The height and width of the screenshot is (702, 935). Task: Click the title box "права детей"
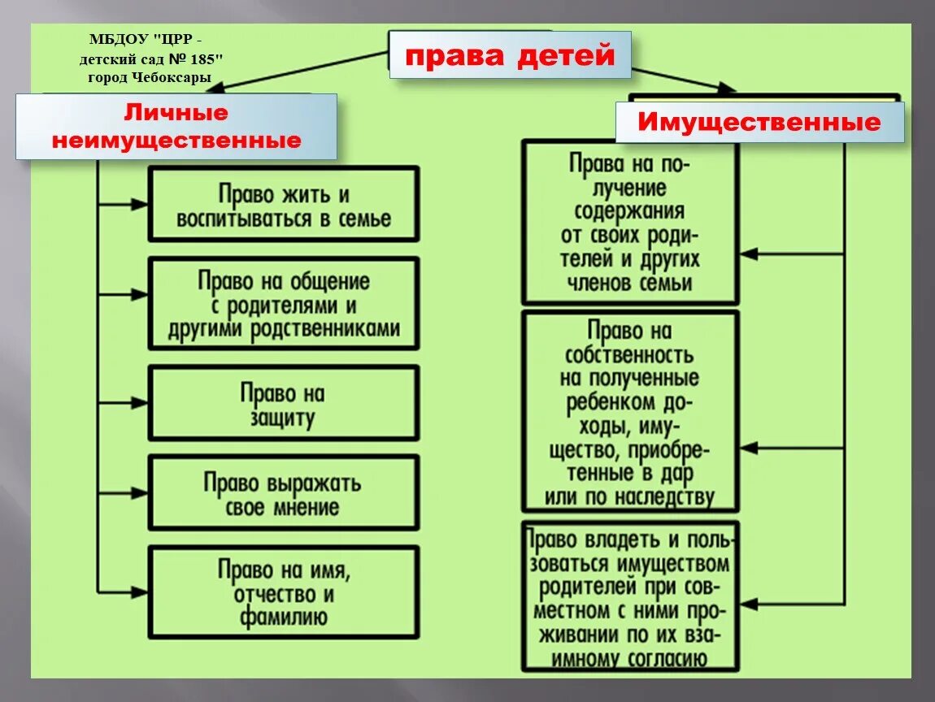click(x=510, y=55)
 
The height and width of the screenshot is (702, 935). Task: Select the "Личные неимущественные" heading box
click(x=176, y=127)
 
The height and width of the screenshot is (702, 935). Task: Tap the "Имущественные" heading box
click(x=759, y=123)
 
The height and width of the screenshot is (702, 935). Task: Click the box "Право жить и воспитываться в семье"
click(x=284, y=206)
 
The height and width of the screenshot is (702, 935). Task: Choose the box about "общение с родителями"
click(x=284, y=305)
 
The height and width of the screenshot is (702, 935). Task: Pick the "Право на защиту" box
click(x=284, y=404)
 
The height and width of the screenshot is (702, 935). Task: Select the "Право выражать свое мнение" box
click(x=284, y=494)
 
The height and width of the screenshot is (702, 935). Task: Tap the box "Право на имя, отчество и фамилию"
click(x=284, y=591)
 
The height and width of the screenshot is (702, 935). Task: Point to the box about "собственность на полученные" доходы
click(x=630, y=412)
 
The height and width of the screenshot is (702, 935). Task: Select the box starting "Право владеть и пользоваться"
click(x=630, y=599)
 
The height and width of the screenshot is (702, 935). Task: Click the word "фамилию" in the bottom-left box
click(x=284, y=617)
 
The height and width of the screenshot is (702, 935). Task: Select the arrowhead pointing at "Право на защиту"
click(x=140, y=402)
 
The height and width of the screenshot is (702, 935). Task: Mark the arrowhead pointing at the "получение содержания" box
click(x=748, y=254)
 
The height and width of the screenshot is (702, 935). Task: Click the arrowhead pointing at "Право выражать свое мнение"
click(x=140, y=492)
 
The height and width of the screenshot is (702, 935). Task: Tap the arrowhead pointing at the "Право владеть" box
click(x=748, y=604)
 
